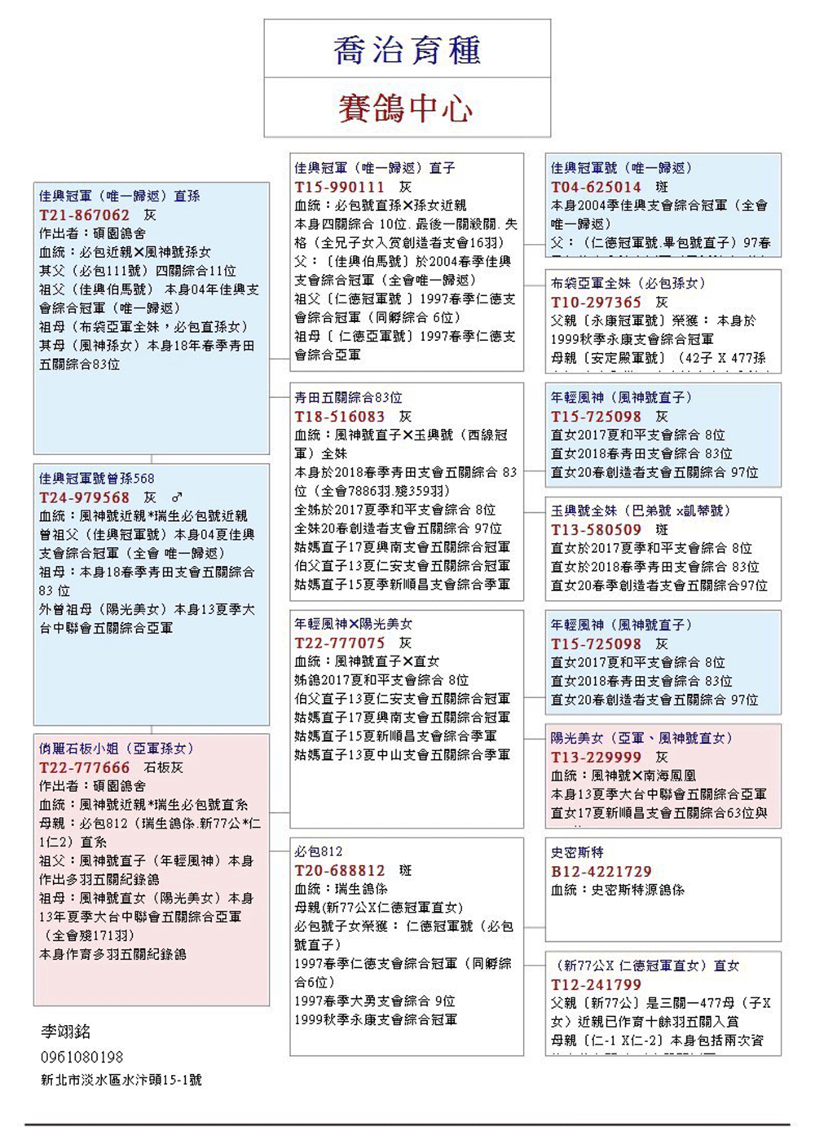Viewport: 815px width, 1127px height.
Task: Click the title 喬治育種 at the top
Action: point(407,51)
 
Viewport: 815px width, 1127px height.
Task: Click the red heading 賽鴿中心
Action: point(406,108)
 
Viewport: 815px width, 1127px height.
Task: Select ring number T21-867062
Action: point(85,215)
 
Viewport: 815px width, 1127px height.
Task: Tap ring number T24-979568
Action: point(85,497)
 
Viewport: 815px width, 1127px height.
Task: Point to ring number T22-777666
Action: point(85,767)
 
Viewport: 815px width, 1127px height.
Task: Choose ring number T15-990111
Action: point(339,187)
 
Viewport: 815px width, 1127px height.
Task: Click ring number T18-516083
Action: point(339,417)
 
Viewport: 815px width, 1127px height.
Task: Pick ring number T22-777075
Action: point(339,643)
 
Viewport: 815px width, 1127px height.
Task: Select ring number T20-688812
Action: point(339,870)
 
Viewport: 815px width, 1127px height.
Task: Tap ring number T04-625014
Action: point(596,187)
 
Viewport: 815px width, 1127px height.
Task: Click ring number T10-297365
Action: point(596,303)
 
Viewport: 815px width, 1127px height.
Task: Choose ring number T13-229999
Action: point(596,757)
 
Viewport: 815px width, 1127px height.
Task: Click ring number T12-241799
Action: point(596,984)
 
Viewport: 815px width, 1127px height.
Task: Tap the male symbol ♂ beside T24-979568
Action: point(177,497)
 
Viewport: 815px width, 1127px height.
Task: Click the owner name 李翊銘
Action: point(66,1032)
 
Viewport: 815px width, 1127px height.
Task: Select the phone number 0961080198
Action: point(82,1057)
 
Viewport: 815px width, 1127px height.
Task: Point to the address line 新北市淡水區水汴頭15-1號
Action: point(121,1080)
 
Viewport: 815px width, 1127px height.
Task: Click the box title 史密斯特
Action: point(577,852)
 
